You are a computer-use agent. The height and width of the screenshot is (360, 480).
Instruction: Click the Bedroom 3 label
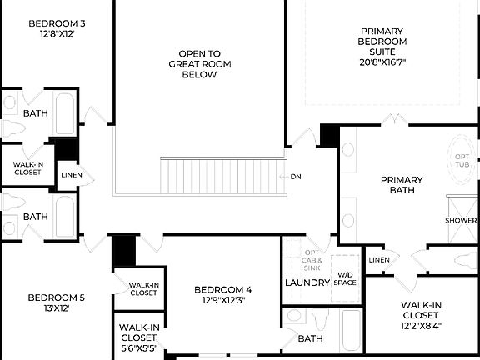point(57,28)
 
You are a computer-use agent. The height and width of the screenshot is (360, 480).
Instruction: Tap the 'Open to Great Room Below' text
point(192,63)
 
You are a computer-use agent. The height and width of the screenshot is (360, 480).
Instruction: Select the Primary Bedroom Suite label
point(382,41)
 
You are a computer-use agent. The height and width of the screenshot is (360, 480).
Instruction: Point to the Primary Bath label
point(402,185)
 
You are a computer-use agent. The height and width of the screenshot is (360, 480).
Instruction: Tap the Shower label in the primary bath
point(461,221)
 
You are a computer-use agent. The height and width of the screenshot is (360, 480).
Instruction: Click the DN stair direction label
point(296,177)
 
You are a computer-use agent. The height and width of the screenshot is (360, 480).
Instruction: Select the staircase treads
point(222,175)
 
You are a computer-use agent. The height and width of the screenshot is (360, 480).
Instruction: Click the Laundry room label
point(308,282)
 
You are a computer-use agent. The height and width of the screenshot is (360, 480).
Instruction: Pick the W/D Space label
point(346,278)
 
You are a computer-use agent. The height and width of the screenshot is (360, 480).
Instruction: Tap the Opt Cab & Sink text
point(312,260)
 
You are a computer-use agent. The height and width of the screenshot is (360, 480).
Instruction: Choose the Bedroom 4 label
point(223,294)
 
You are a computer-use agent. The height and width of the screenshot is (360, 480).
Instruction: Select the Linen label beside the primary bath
point(379,260)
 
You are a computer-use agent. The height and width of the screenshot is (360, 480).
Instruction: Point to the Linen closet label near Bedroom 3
point(71,174)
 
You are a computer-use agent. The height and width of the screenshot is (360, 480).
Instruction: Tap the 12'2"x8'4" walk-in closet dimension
point(421,325)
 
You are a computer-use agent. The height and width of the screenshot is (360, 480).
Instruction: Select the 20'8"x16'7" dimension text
point(382,62)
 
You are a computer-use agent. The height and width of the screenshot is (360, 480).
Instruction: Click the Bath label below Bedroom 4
point(310,338)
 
